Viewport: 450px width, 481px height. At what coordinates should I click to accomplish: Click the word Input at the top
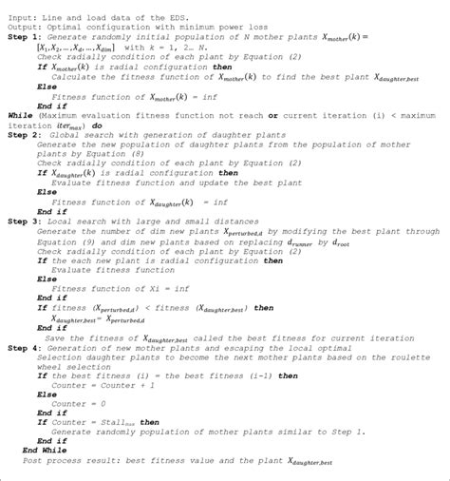18,8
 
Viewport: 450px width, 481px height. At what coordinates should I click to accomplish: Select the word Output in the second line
21,19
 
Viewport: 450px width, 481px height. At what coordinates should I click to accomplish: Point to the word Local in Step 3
68,220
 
